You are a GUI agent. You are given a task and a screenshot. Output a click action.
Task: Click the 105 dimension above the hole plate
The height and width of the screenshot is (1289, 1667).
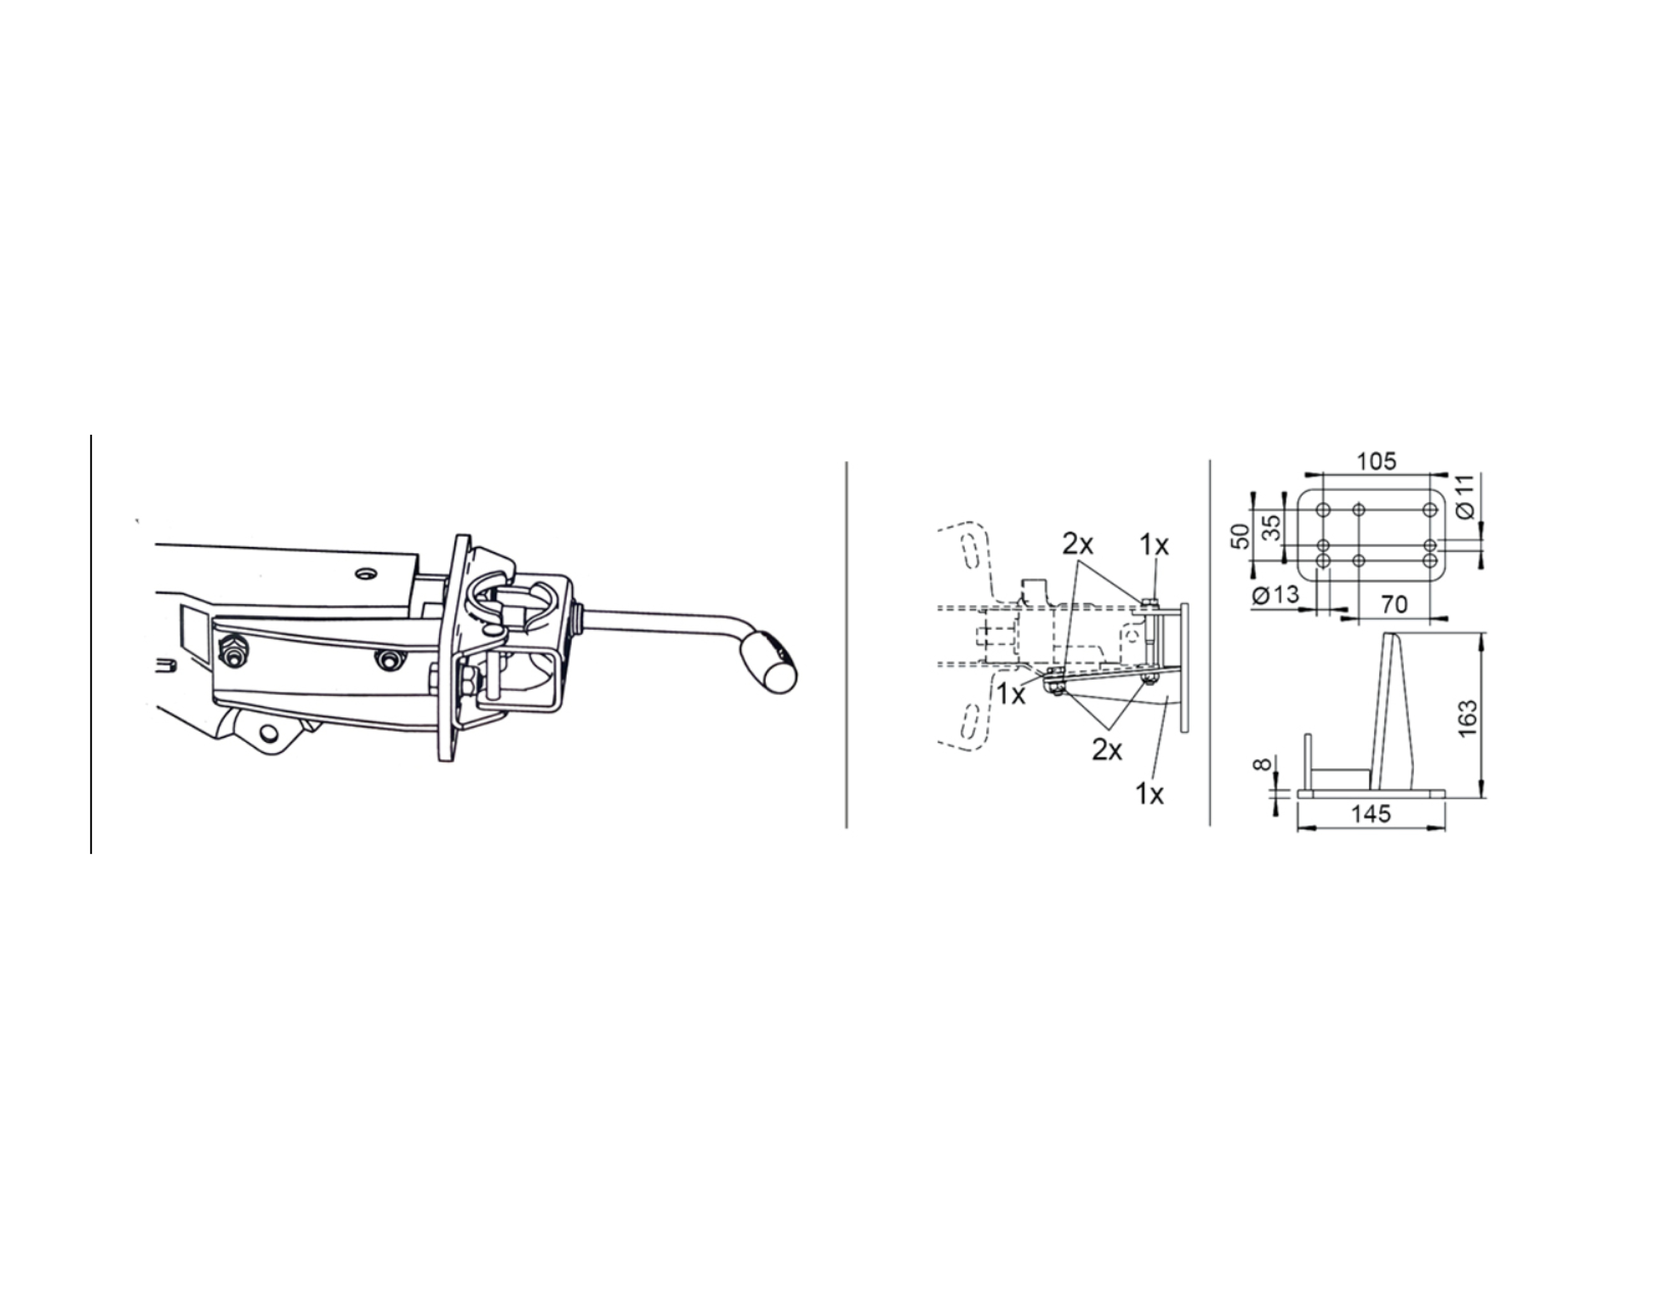tap(1376, 462)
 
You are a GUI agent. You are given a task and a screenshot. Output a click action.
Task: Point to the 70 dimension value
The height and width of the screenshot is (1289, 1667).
tap(1394, 604)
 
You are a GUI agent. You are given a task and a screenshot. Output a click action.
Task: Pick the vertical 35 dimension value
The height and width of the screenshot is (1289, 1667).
tap(1271, 528)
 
